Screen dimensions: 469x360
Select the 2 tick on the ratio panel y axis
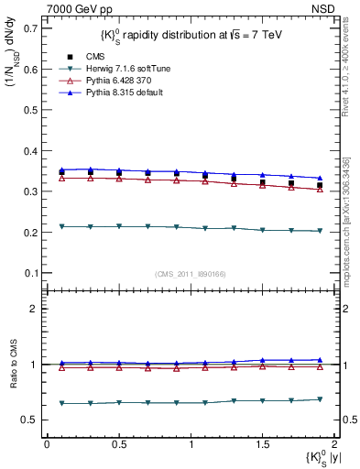click(x=35, y=309)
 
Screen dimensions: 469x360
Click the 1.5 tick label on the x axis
click(x=262, y=444)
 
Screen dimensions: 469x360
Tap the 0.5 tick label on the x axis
click(x=118, y=444)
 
